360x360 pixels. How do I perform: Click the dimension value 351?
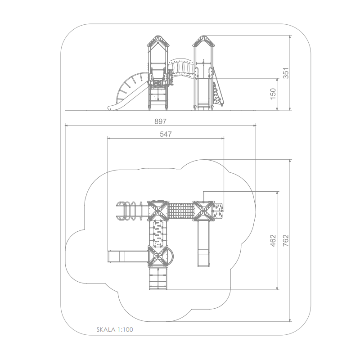click(x=285, y=73)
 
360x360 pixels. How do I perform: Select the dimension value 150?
click(x=273, y=94)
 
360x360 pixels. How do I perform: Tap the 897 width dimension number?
click(x=160, y=121)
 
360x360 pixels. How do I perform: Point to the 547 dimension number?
click(x=166, y=134)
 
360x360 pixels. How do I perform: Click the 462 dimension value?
click(x=273, y=241)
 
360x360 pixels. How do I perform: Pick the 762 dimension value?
click(x=285, y=241)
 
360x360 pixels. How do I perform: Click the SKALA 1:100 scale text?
click(x=115, y=329)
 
